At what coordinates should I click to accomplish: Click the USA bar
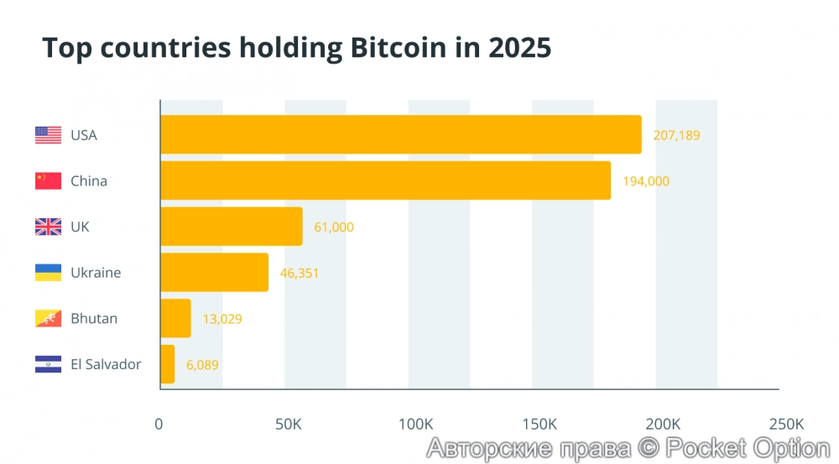click(x=400, y=134)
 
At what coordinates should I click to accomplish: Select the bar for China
click(x=385, y=180)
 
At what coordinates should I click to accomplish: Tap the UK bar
click(x=231, y=227)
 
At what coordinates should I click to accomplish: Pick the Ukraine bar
click(x=214, y=273)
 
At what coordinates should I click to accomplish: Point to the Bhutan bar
click(x=175, y=318)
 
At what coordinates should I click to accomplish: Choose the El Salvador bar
click(x=167, y=364)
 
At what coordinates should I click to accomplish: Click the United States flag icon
click(x=48, y=135)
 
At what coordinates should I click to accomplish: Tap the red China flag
click(x=48, y=180)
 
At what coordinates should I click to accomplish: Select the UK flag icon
click(x=48, y=227)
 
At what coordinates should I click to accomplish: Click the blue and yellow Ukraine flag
click(x=48, y=273)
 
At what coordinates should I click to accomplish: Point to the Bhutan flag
click(x=48, y=319)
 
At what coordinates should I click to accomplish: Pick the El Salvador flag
click(x=48, y=364)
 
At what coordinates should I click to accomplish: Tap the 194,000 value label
click(x=646, y=180)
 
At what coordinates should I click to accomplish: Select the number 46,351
click(x=300, y=273)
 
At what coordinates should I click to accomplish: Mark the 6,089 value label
click(x=202, y=364)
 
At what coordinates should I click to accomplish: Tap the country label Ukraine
click(x=96, y=273)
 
